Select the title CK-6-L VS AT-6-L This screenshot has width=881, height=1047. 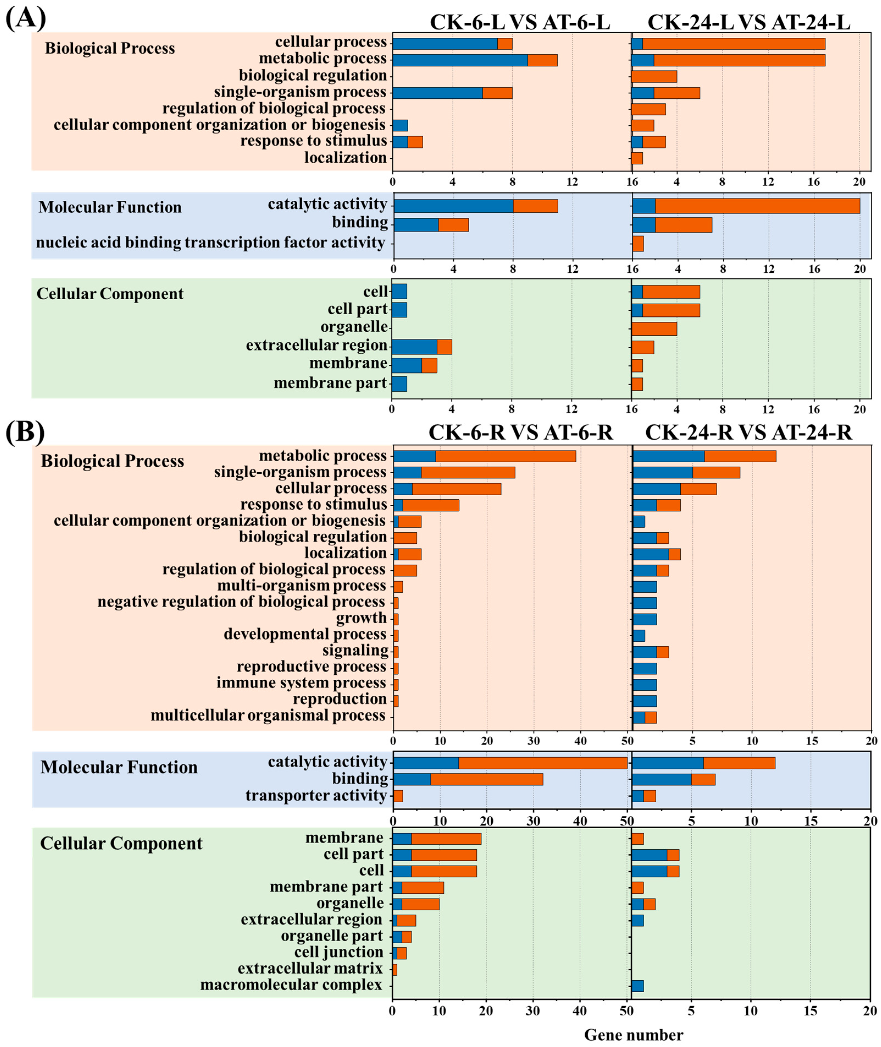520,23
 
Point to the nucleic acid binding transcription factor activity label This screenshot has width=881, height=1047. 210,243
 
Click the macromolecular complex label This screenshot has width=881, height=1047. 291,985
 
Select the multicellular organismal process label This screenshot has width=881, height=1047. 268,715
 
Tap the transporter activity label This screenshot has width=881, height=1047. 316,795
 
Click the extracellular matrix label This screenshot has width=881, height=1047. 310,968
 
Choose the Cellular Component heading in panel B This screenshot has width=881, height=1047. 121,843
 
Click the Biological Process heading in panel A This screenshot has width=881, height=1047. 110,48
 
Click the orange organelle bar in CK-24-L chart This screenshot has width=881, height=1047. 654,329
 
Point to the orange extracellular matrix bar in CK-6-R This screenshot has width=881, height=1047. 395,969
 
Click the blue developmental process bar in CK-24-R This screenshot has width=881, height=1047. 639,636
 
